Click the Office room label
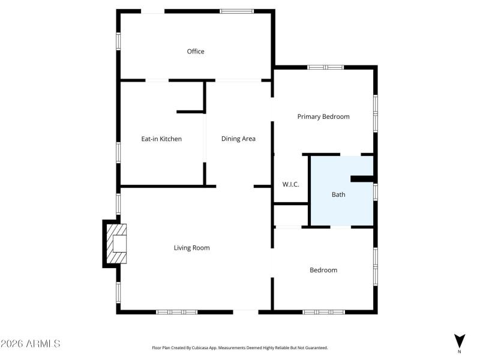click(196, 52)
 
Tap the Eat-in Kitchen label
click(161, 139)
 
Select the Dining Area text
click(238, 139)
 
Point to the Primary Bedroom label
click(323, 116)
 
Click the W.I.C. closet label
click(290, 185)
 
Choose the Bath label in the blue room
click(338, 194)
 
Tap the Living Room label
click(191, 248)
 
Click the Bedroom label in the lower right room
click(323, 270)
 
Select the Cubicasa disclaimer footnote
click(240, 347)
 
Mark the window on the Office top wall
click(237, 11)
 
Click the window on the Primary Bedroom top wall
click(326, 67)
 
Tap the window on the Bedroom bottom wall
click(324, 312)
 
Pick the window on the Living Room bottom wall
click(177, 312)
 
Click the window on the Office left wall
click(118, 40)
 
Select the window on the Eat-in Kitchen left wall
click(118, 152)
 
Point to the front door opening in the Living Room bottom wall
click(246, 311)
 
